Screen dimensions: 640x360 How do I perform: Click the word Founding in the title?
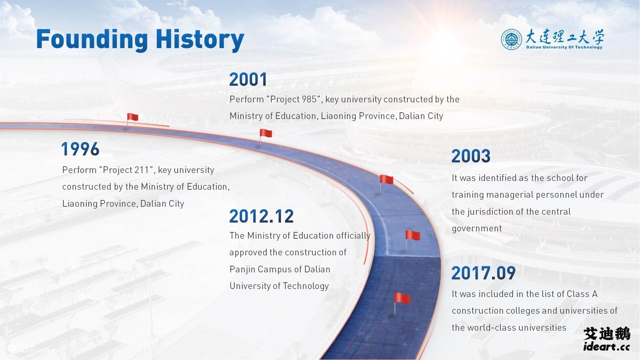tap(92, 40)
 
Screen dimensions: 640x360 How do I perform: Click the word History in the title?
tap(200, 40)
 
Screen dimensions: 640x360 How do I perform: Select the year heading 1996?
tap(80, 149)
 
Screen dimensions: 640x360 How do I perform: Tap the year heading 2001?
tap(248, 80)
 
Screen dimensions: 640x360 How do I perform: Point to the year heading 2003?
tap(471, 156)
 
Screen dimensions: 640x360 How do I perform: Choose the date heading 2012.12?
tap(262, 216)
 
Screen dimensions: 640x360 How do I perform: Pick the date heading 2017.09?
tap(484, 273)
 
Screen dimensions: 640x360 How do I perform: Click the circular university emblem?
tap(511, 39)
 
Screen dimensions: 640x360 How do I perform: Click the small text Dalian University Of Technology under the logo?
tap(564, 47)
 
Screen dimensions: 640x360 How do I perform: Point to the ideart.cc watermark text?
tap(607, 347)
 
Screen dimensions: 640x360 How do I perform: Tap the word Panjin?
tap(242, 269)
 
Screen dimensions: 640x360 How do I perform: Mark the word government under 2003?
tap(477, 229)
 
